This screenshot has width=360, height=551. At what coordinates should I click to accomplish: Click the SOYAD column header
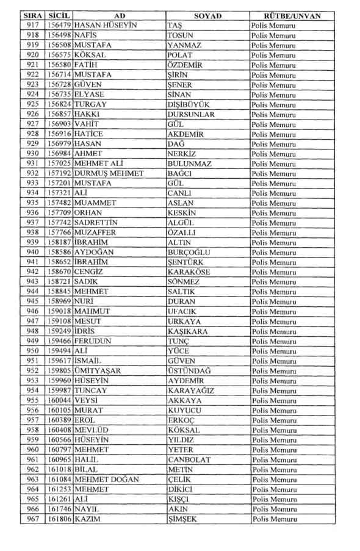[207, 15]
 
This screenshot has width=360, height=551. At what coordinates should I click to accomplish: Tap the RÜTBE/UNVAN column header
[284, 15]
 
